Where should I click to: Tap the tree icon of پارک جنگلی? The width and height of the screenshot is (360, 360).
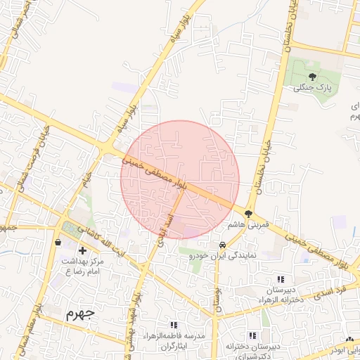[x=312, y=77]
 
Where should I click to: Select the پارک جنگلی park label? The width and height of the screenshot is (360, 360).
[x=312, y=88]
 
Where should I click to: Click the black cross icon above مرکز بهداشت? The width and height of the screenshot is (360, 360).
[x=83, y=250]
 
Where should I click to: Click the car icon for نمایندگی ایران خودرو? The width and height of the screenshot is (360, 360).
[x=222, y=245]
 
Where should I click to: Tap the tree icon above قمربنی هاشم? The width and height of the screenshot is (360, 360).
[x=248, y=213]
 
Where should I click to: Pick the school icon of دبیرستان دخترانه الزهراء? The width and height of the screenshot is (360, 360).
[x=281, y=279]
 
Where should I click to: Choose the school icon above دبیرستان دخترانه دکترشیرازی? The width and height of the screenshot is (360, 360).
[x=252, y=335]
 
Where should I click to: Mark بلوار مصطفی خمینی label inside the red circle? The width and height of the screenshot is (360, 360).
[x=154, y=173]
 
